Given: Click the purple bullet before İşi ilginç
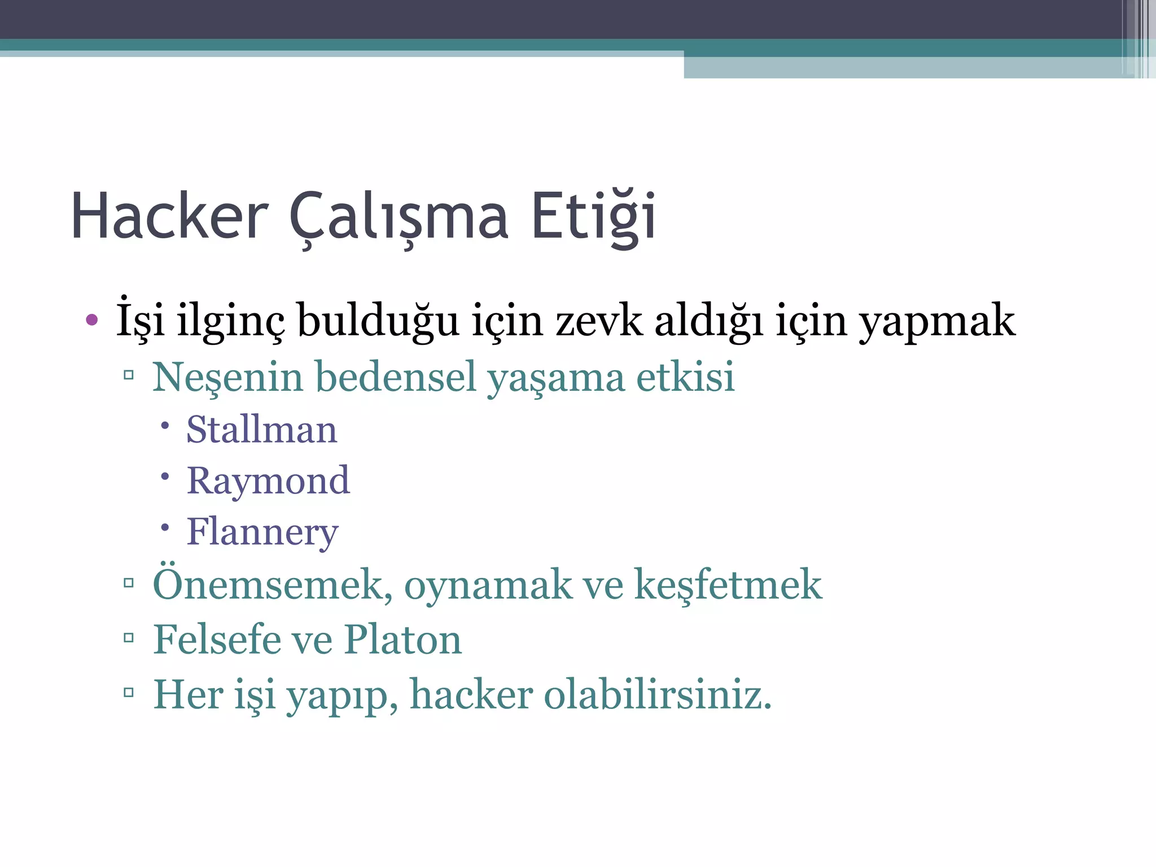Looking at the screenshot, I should click(x=92, y=321).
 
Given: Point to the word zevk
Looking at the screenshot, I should click(x=599, y=321).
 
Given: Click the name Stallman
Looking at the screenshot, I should click(x=262, y=430).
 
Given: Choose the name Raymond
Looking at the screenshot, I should click(x=268, y=481).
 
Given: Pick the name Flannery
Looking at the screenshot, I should click(x=262, y=532).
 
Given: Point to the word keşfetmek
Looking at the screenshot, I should click(x=728, y=585).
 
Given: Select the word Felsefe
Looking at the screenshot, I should click(x=217, y=640).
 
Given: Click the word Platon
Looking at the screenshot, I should click(x=403, y=640).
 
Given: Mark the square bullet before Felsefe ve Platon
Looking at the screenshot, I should click(x=129, y=638).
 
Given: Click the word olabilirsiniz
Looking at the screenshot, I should click(x=658, y=695).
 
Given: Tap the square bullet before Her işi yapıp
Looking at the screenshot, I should click(x=129, y=693).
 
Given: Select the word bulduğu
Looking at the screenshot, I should click(x=378, y=321).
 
